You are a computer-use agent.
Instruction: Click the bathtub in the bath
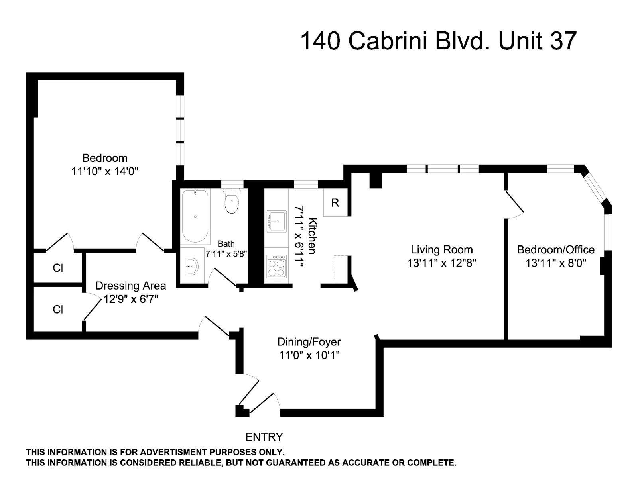coord(195,216)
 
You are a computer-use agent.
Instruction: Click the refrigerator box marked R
coord(335,203)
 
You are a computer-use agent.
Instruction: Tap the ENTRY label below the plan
coord(264,437)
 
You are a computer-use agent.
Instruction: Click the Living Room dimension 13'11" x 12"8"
coord(442,263)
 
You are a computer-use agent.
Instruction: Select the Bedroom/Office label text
coord(555,250)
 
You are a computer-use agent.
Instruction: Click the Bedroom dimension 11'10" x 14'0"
coord(104,171)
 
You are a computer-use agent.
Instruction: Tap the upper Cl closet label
coord(58,268)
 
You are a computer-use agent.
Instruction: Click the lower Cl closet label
coord(58,310)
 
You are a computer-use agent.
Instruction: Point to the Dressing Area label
coord(131,286)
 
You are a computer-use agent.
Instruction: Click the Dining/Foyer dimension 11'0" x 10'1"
coord(309,355)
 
